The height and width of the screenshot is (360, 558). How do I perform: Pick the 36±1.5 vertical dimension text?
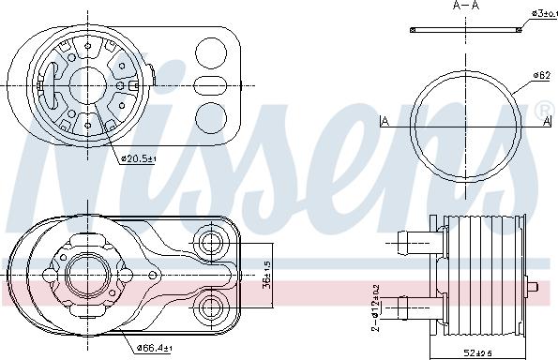[x=267, y=278]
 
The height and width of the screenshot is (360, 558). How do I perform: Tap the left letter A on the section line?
[x=385, y=121]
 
